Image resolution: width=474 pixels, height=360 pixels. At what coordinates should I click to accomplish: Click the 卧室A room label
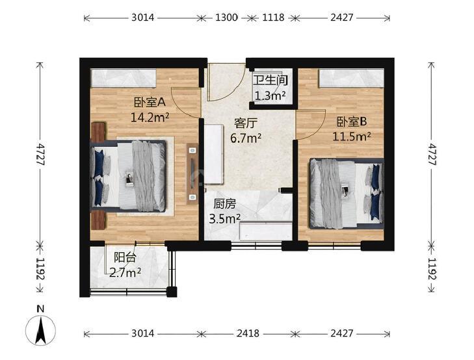point(150,103)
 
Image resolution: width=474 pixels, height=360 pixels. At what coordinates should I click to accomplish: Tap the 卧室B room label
point(352,122)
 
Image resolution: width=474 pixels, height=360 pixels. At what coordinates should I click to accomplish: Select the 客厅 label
point(246,123)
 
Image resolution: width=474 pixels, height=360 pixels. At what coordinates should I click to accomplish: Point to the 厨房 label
point(224,205)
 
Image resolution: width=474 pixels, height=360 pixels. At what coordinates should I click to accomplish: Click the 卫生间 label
point(270,81)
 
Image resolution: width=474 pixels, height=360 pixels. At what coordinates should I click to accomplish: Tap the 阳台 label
point(125,257)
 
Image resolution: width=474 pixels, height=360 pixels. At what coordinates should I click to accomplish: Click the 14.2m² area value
point(150,117)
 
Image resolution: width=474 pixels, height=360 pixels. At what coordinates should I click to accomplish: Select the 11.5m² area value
point(352,136)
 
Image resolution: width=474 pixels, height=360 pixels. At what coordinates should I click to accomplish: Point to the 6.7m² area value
point(246,138)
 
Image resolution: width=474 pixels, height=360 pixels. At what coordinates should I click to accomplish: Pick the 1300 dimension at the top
point(226,18)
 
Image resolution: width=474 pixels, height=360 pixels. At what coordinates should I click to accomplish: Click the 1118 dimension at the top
point(273,18)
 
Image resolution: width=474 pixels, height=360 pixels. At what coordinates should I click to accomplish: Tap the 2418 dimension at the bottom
point(248,333)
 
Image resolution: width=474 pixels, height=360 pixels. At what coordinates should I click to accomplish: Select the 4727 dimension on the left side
point(40,154)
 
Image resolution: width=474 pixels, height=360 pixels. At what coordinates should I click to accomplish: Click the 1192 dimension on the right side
point(432,269)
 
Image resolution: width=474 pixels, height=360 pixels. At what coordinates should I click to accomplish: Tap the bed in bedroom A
point(128,175)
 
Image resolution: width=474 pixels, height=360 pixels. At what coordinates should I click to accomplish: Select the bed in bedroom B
point(347,194)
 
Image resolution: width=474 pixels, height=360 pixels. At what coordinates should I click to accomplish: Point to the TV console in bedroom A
point(192,173)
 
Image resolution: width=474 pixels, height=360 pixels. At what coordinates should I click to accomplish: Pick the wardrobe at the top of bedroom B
point(352,78)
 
